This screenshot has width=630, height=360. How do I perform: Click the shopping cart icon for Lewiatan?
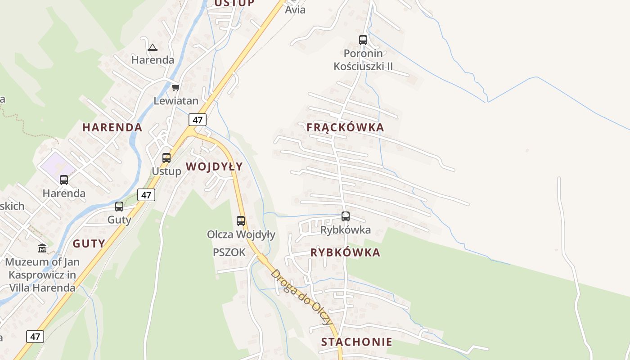(175, 87)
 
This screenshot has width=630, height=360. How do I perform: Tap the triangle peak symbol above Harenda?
(153, 47)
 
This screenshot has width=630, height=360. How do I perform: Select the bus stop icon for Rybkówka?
(346, 216)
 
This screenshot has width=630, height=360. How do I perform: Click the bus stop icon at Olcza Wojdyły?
(241, 221)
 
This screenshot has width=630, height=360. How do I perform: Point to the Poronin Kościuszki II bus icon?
(363, 40)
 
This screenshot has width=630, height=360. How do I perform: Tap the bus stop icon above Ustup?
(166, 158)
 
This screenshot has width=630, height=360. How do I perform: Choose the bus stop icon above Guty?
(119, 207)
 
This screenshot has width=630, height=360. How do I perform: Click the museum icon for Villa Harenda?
(42, 248)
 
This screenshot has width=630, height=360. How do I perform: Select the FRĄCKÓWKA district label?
(345, 127)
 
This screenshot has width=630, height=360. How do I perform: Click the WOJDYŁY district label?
(214, 166)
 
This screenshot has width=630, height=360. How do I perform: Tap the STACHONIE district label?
(356, 342)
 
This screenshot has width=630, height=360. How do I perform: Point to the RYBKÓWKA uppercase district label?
(345, 252)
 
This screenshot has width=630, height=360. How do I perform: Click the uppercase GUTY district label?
(89, 244)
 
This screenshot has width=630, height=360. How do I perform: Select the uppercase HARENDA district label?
(112, 127)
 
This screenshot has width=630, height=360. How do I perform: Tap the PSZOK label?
(229, 252)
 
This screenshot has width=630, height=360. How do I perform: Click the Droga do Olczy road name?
(302, 297)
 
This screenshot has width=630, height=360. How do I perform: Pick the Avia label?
(295, 9)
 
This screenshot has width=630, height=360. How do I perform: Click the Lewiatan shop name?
(176, 100)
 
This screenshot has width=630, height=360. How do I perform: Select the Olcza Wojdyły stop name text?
(241, 234)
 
